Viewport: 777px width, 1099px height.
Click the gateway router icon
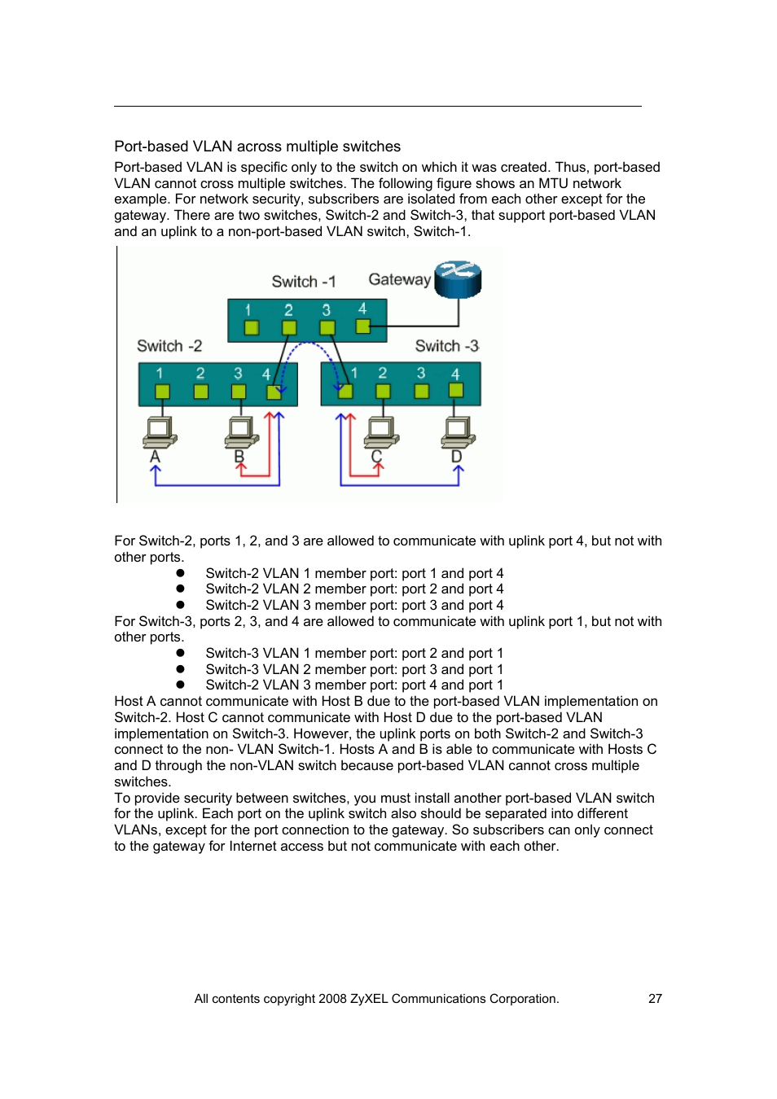tap(458, 279)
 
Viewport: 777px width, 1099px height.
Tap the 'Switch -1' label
tap(303, 282)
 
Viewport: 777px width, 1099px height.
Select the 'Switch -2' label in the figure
tap(169, 346)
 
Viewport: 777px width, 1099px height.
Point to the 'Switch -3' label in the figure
tap(446, 346)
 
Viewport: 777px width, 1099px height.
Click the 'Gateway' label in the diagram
tap(399, 279)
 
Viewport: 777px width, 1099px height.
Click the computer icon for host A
tap(160, 431)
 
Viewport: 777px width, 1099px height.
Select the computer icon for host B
tap(242, 431)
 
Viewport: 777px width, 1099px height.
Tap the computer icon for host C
tap(381, 431)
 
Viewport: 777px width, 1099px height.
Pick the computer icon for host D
tap(458, 431)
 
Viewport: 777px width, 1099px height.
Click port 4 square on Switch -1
tap(363, 326)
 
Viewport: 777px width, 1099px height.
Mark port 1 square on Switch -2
tap(162, 392)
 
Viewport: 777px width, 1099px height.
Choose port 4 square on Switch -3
tap(456, 391)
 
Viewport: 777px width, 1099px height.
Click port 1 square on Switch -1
tap(252, 327)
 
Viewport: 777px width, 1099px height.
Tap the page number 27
tap(655, 999)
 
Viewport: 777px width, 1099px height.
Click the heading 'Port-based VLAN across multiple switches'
tap(257, 147)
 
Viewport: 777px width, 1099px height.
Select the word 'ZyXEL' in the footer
tap(369, 999)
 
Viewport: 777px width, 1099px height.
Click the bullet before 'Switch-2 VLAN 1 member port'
tap(180, 573)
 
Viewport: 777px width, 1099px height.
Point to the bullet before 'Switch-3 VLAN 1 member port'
tap(180, 653)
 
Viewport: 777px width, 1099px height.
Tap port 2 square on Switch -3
tap(383, 391)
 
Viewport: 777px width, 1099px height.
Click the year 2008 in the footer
tap(332, 999)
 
